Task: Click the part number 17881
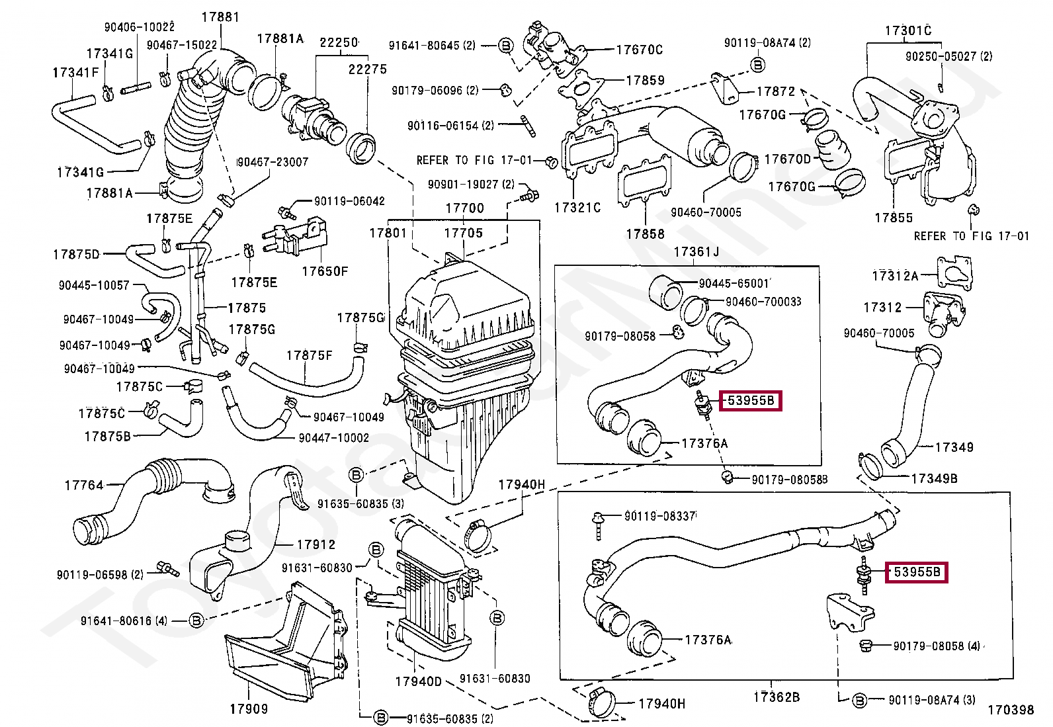[x=220, y=17]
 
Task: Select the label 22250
[x=339, y=43]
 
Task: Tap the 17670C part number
[x=639, y=50]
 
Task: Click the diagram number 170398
[x=1010, y=710]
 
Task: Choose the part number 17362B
[x=776, y=697]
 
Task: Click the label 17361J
[x=696, y=251]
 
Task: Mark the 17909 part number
[x=249, y=708]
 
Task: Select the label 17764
[x=84, y=485]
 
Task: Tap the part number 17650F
[x=324, y=271]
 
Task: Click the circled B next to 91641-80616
[x=196, y=620]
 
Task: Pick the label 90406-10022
[x=139, y=27]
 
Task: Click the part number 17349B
[x=933, y=478]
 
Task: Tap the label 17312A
[x=895, y=276]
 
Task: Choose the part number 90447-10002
[x=333, y=437]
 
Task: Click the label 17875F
[x=309, y=355]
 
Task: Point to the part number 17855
[x=893, y=218]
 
